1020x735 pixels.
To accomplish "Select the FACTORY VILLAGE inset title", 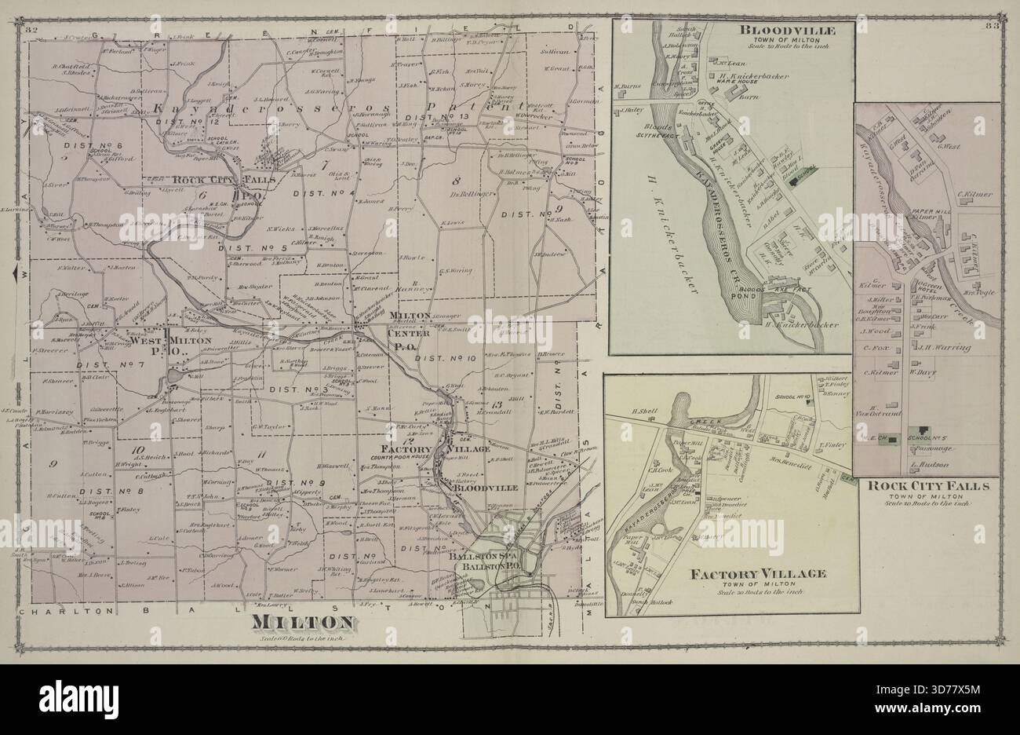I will pos(758,574).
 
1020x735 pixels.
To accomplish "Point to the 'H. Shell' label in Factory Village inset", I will pos(643,411).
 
